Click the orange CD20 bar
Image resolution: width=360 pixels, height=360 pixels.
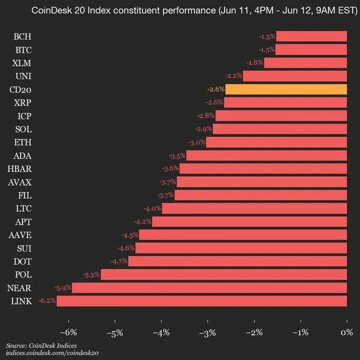click(286, 89)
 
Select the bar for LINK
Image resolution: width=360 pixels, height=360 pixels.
click(201, 301)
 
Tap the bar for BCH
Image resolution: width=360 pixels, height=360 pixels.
click(311, 36)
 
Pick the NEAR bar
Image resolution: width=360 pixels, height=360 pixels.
click(209, 287)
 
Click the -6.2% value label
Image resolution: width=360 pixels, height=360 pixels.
click(47, 301)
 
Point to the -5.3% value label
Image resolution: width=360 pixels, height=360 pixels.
click(91, 274)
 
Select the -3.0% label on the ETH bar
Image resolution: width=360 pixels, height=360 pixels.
click(196, 142)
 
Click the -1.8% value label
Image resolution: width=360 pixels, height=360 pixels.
click(255, 63)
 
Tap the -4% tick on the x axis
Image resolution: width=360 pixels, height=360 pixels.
click(161, 333)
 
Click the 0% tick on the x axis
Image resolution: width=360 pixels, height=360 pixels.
click(346, 333)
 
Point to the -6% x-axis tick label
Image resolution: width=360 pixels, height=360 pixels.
click(68, 333)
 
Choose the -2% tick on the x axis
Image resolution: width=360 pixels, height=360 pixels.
click(254, 333)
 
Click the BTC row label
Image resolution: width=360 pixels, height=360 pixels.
click(22, 50)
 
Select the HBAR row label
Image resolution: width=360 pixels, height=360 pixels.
click(20, 169)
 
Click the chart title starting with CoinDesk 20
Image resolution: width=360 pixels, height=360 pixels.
click(193, 10)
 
